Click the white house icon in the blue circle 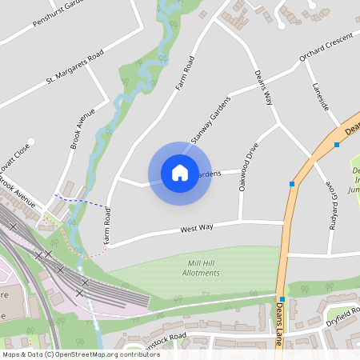[179, 172]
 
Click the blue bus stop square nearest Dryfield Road [282, 299]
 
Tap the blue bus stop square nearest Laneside [337, 145]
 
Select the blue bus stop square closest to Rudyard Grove [292, 184]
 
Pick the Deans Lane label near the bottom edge [280, 325]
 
